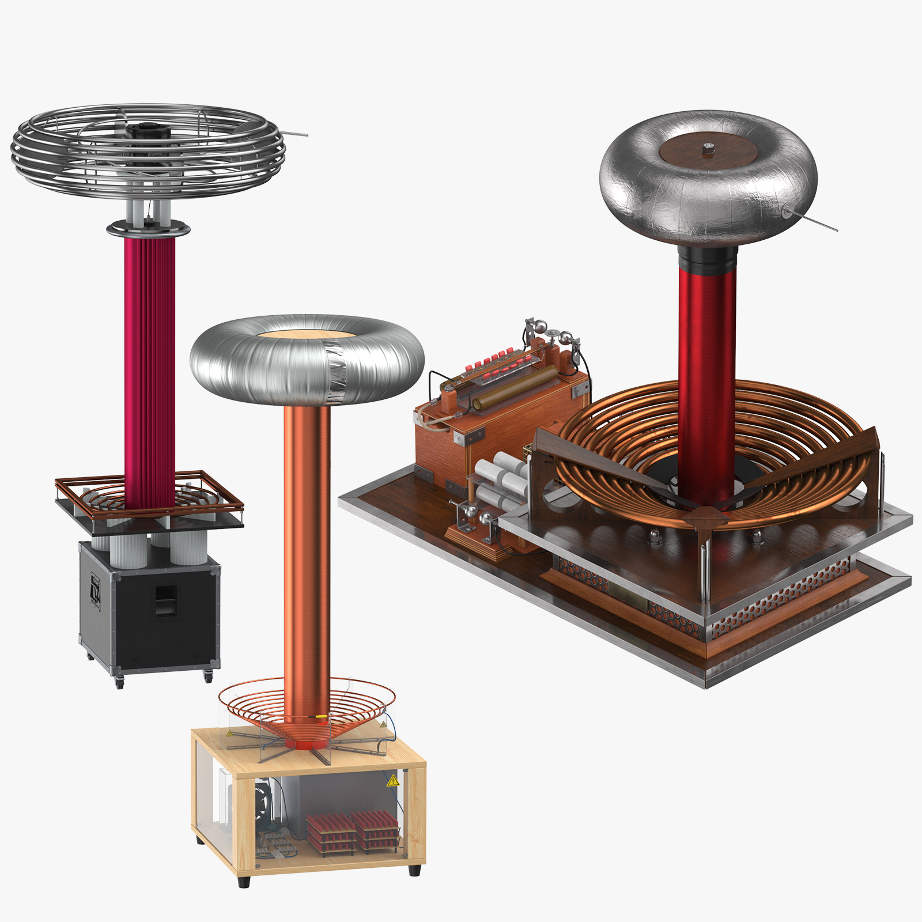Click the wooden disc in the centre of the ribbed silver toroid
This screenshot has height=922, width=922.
(x=305, y=335)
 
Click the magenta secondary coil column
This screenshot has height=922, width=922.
(x=149, y=369)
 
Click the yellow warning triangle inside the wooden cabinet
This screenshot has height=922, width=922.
(x=393, y=781)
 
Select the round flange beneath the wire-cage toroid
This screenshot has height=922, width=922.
(x=148, y=229)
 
